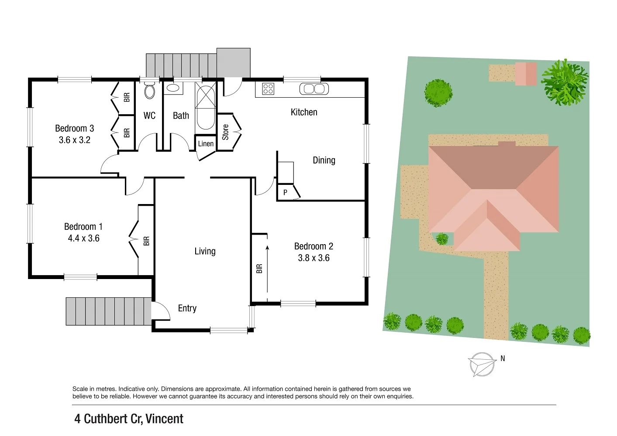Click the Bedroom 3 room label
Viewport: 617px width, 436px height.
point(74,128)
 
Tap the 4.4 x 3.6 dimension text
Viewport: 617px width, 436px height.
point(83,238)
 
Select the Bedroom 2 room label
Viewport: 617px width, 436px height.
point(314,246)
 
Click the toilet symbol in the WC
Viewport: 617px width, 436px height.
point(149,91)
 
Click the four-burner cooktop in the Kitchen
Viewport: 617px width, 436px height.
point(268,89)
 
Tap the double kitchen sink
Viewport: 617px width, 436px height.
point(314,89)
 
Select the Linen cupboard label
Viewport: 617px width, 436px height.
point(206,144)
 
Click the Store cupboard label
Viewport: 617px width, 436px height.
point(225,132)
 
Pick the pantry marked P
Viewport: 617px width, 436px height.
point(285,192)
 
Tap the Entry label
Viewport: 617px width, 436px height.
point(187,308)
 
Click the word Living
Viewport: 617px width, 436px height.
point(205,251)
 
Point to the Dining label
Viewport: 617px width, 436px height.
point(324,160)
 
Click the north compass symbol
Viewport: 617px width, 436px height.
point(482,364)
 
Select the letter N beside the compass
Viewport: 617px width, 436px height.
point(503,358)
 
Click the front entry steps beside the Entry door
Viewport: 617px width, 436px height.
point(108,311)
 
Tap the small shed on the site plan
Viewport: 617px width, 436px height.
point(525,74)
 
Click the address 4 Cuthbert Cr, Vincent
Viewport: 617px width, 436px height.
point(129,419)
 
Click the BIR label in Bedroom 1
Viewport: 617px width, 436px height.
point(146,241)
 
